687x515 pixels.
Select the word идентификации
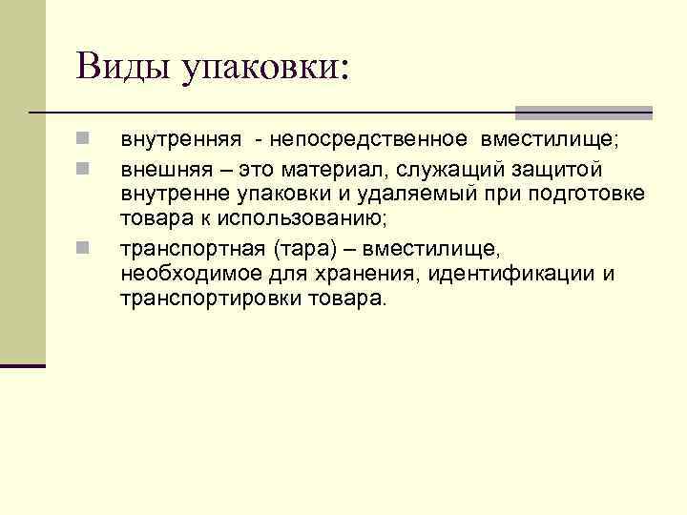(511, 275)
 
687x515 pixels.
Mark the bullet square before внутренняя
(84, 140)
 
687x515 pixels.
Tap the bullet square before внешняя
(84, 167)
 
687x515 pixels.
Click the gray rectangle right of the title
(584, 112)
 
